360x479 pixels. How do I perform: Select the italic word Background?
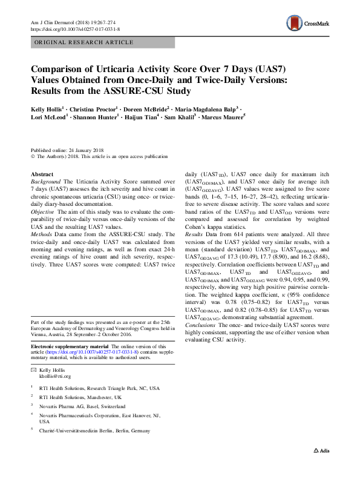pos(45,182)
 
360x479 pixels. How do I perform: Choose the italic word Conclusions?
pos(201,325)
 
